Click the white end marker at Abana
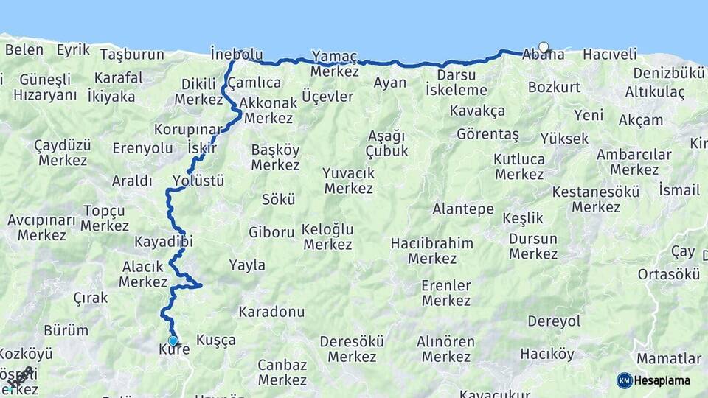tap(544, 48)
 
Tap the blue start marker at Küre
tap(173, 341)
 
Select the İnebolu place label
tap(237, 54)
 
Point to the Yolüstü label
tap(198, 181)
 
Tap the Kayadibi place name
tap(164, 242)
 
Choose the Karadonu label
tap(271, 312)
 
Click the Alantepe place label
tap(463, 209)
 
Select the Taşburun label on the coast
tap(131, 55)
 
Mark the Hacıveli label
tap(609, 55)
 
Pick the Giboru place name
tap(271, 232)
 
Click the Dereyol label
tap(555, 321)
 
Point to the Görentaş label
tap(487, 135)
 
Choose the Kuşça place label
tap(216, 340)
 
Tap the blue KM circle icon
tap(624, 380)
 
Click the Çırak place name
tap(91, 298)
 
